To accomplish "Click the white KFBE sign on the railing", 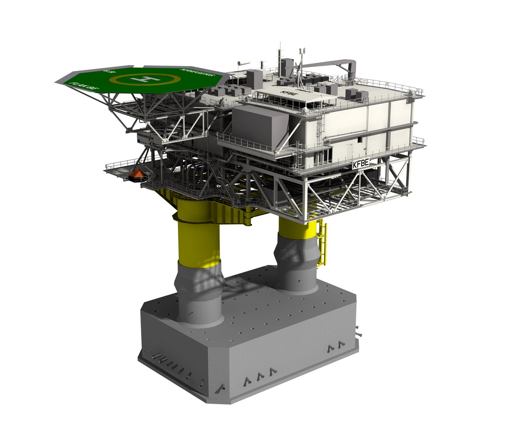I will (x=360, y=164).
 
